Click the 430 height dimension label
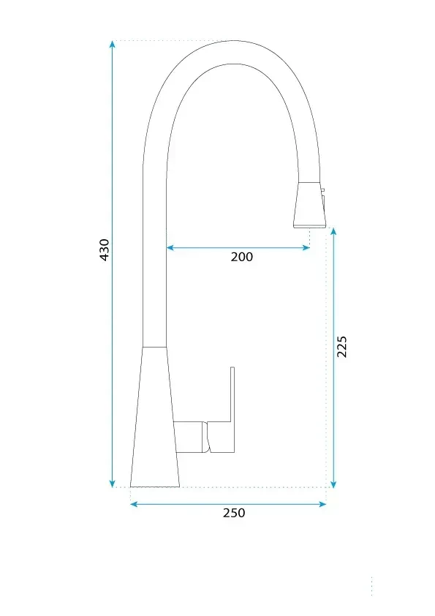pyautogui.click(x=105, y=249)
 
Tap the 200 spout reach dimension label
pyautogui.click(x=242, y=257)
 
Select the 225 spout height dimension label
pyautogui.click(x=342, y=347)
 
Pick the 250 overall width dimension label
pyautogui.click(x=234, y=513)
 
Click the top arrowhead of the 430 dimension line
pyautogui.click(x=113, y=44)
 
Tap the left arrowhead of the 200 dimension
pyautogui.click(x=170, y=247)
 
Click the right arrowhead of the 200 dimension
pyautogui.click(x=306, y=247)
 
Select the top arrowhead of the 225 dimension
pyautogui.click(x=333, y=231)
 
